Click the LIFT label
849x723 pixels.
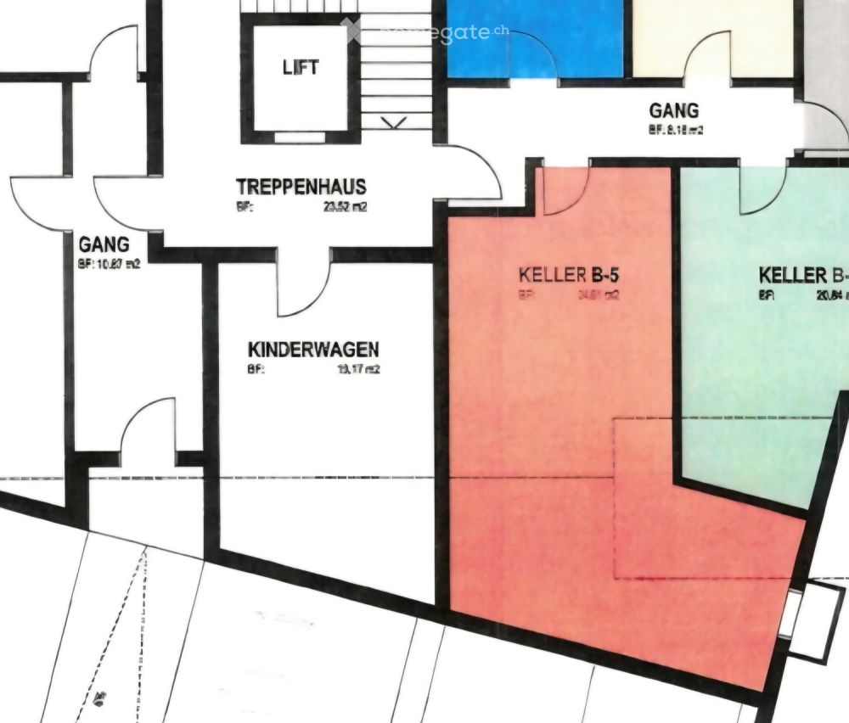(x=301, y=67)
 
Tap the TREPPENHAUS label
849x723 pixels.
(x=301, y=187)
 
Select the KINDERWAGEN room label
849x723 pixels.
(x=313, y=349)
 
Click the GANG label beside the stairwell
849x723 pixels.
(x=98, y=245)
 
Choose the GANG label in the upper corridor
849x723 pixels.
(x=674, y=111)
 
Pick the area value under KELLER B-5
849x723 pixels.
(x=597, y=295)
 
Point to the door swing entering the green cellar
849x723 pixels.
(x=762, y=192)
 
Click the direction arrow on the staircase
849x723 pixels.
(x=393, y=122)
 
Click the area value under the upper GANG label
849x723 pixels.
(x=676, y=131)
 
